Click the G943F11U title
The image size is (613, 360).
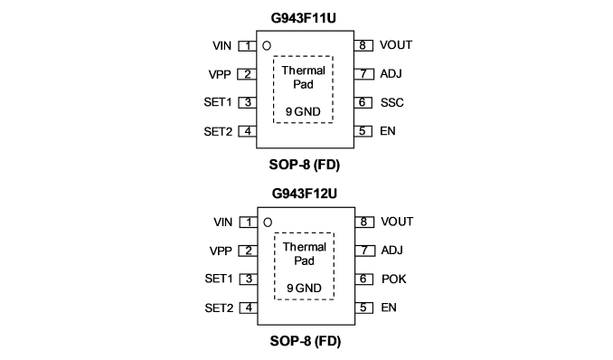(x=304, y=18)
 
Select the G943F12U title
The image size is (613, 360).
(x=304, y=194)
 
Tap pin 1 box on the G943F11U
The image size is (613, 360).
(x=248, y=46)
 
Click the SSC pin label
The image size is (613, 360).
(x=391, y=102)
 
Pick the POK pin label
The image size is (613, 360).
(x=393, y=279)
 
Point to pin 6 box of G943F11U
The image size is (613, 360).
(x=363, y=102)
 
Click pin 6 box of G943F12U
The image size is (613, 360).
(x=364, y=279)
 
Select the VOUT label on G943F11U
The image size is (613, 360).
(x=396, y=45)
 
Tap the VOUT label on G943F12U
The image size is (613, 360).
(x=397, y=222)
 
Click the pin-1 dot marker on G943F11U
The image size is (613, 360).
(x=267, y=46)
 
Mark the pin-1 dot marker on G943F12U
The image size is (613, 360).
(x=268, y=223)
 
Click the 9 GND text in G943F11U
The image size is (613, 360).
(x=303, y=111)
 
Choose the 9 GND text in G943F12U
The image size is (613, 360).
(x=304, y=288)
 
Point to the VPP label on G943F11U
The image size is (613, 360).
(x=220, y=74)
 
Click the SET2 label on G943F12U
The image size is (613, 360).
(x=219, y=308)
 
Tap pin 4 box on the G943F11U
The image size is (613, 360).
(x=248, y=131)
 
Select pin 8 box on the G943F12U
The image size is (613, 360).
(x=364, y=222)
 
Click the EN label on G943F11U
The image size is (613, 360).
(x=388, y=131)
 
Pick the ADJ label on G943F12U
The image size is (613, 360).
(x=391, y=250)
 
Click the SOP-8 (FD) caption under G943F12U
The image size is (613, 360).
(x=306, y=341)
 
